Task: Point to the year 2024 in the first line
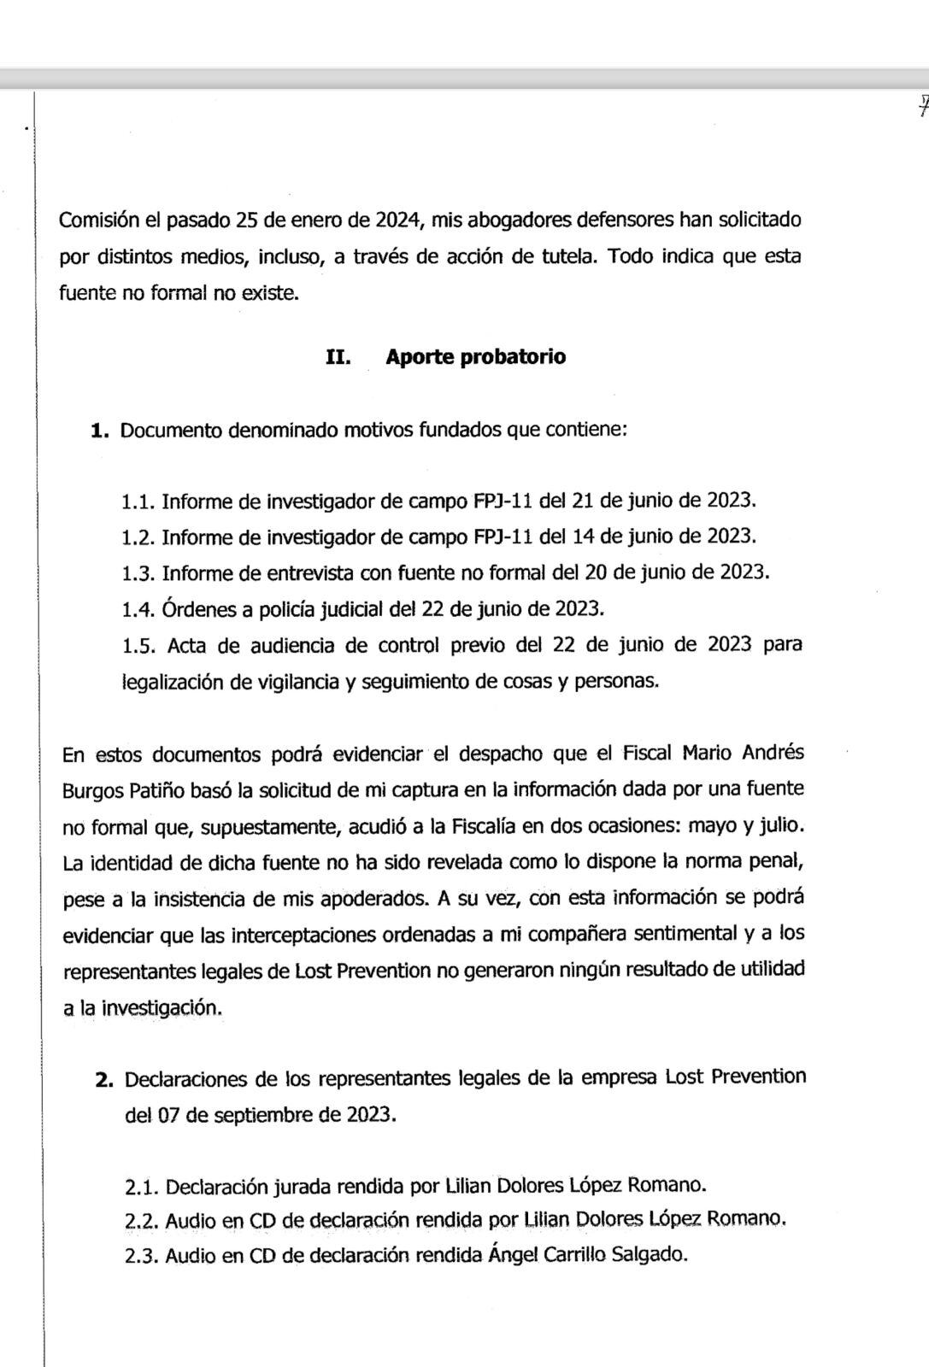point(398,220)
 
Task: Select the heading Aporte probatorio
point(475,356)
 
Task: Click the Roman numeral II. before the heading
point(339,356)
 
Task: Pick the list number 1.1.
point(138,501)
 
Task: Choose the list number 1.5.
point(139,645)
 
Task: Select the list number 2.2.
point(141,1220)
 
